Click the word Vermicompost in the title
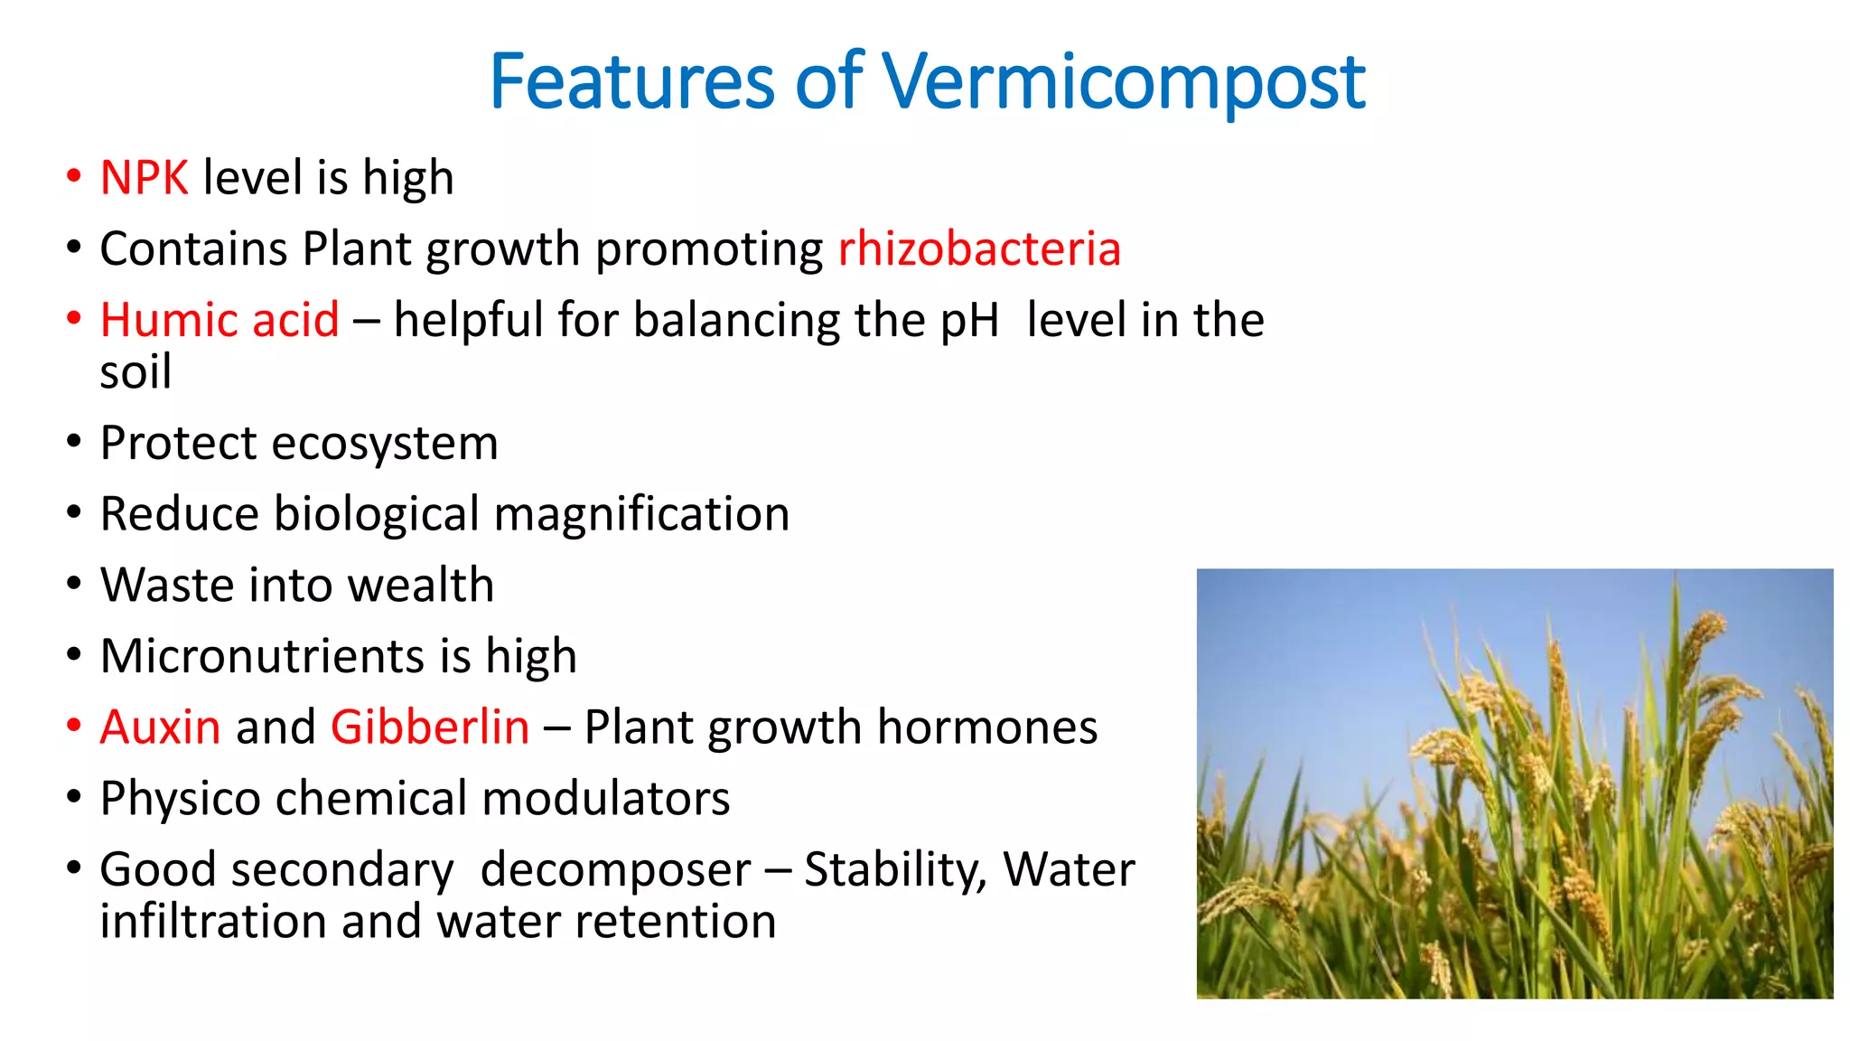1123,83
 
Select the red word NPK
144,177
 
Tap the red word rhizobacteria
979,249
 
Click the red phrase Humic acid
220,320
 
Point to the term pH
969,322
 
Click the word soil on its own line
135,372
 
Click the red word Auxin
160,727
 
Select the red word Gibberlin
430,727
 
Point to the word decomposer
615,870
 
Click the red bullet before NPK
74,175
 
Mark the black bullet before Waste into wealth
74,584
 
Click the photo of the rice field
1514,783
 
